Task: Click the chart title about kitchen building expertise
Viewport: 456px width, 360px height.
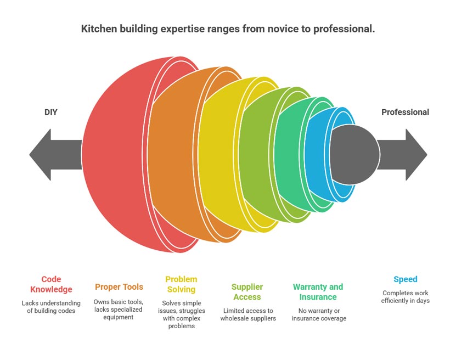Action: tap(228, 29)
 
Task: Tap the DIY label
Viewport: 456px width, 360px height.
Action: tap(50, 112)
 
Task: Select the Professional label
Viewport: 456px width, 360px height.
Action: tap(405, 112)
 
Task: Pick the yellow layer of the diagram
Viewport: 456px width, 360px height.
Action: tap(219, 155)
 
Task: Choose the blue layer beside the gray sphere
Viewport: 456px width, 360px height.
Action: tap(317, 155)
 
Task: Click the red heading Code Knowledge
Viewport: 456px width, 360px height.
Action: tap(51, 284)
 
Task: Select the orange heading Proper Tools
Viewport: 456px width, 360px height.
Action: tap(119, 286)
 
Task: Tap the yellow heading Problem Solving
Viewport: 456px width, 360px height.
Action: tap(181, 284)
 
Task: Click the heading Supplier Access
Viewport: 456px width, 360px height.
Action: tap(247, 292)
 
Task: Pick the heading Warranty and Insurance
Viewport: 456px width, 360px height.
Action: tap(318, 292)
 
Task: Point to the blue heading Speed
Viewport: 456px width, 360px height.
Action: tap(405, 279)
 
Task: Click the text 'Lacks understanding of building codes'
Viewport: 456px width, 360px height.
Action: tap(51, 307)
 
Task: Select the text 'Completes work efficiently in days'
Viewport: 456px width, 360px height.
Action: tap(405, 297)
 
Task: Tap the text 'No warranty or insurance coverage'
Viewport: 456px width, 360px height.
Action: tap(318, 314)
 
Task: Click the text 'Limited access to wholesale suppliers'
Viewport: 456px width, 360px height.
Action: tap(247, 314)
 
